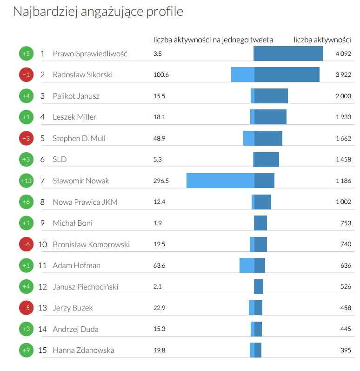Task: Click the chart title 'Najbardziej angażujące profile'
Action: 98,12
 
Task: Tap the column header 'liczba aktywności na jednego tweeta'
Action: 213,40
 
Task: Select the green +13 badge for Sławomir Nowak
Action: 27,181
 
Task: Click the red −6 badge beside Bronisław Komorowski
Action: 27,244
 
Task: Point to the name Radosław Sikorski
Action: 82,74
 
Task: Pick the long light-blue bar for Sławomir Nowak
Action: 220,181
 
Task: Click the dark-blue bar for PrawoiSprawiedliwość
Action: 288,54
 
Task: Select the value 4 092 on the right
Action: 343,54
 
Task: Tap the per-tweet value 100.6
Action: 161,74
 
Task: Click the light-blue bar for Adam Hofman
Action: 247,265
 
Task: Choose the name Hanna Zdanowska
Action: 83,350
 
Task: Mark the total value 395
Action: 346,350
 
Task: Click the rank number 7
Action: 42,181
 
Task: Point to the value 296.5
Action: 161,181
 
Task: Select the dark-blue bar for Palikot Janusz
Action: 271,96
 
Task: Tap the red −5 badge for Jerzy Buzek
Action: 27,308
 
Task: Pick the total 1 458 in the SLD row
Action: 343,159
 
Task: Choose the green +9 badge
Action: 27,350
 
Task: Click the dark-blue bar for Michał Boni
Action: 260,223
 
